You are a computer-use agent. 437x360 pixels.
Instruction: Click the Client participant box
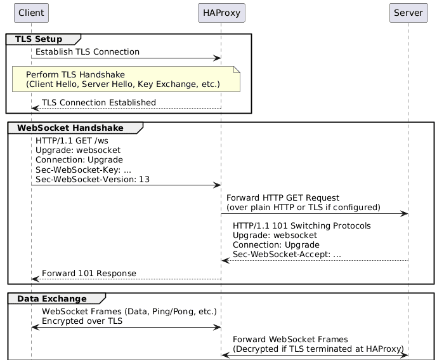click(x=31, y=12)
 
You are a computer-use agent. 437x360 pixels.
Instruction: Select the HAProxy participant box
click(x=221, y=12)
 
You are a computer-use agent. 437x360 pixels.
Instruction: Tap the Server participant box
click(x=408, y=12)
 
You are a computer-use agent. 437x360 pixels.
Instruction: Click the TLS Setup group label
click(x=38, y=39)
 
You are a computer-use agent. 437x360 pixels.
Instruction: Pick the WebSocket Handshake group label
click(x=70, y=128)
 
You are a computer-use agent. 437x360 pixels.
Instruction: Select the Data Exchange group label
click(x=51, y=298)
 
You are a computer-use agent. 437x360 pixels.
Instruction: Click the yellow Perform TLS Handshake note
click(x=126, y=79)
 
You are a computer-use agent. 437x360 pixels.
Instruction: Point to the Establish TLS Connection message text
click(x=88, y=51)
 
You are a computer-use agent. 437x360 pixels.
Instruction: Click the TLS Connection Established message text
click(x=98, y=102)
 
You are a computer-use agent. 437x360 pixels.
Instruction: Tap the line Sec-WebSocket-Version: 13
click(x=93, y=180)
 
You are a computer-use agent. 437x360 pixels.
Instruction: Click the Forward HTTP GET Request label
click(x=283, y=198)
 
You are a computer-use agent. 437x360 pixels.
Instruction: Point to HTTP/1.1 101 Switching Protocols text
click(x=302, y=226)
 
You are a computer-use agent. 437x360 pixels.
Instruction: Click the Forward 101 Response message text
click(x=89, y=273)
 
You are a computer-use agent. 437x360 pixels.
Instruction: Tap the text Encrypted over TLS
click(x=82, y=321)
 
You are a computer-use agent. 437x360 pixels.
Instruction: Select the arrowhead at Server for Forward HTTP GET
click(x=403, y=214)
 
